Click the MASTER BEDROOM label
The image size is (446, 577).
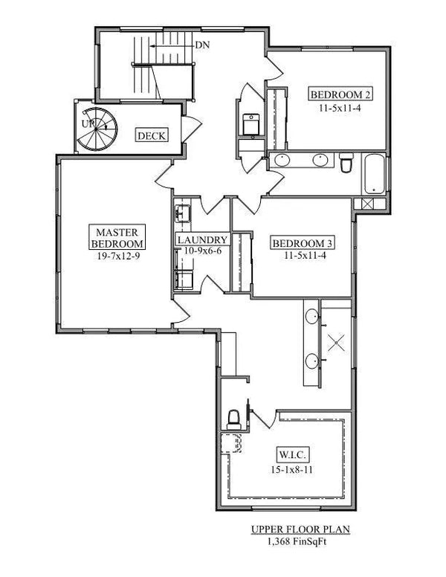pos(116,236)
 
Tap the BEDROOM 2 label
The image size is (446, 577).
pos(340,94)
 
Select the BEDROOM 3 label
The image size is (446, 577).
pos(302,243)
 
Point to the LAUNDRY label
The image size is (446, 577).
pos(201,240)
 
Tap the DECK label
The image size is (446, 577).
pos(151,135)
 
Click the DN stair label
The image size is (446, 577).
pos(202,45)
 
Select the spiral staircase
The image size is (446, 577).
pos(97,128)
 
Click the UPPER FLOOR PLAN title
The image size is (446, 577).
pos(289,529)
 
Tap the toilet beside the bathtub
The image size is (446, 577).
pos(346,163)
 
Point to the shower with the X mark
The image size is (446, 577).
pos(337,344)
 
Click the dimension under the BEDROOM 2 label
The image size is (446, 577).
pos(340,107)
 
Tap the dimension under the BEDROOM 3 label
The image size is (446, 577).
pos(302,256)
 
